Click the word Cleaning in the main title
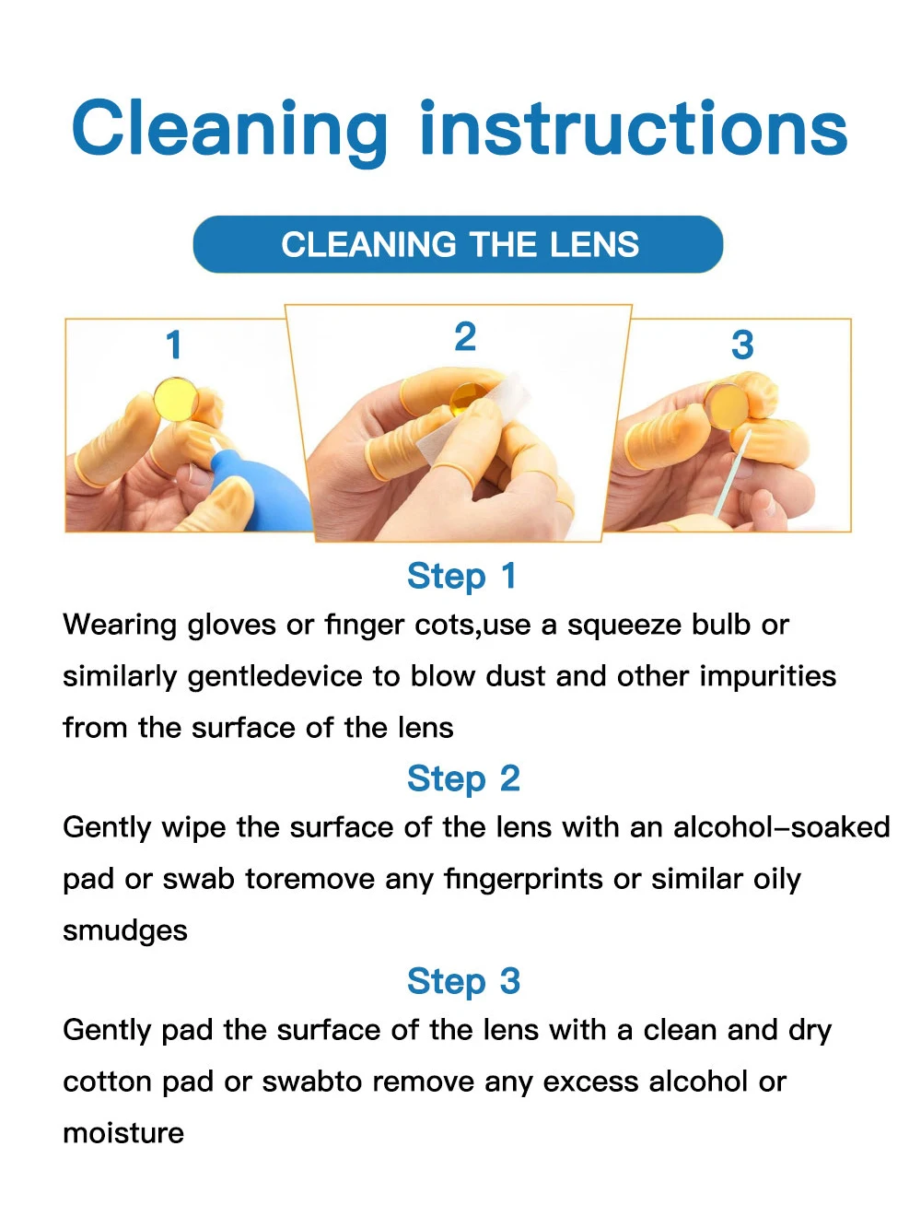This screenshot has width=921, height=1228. click(x=229, y=132)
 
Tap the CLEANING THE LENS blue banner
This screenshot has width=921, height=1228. click(x=458, y=244)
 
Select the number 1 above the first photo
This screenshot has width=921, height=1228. click(x=174, y=344)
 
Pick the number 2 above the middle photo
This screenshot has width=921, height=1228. click(x=465, y=336)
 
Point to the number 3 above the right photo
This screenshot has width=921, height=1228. click(x=742, y=345)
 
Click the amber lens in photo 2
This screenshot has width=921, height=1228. click(x=469, y=397)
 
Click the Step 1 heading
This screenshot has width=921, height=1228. click(x=461, y=577)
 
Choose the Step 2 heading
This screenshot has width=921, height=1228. click(x=463, y=778)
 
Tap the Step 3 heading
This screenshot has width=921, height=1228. click(x=463, y=981)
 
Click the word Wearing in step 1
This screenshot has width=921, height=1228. click(x=120, y=626)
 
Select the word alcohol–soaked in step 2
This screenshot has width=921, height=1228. click(x=781, y=827)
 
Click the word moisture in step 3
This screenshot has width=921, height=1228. click(x=123, y=1133)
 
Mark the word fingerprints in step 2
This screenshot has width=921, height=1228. click(x=523, y=881)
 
